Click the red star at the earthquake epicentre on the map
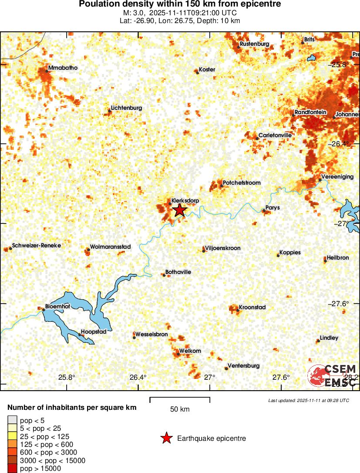[179, 210]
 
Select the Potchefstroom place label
[242, 182]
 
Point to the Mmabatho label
[63, 68]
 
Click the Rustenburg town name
[254, 44]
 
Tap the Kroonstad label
[252, 307]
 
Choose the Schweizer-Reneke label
[37, 245]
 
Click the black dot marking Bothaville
[164, 275]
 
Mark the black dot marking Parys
[263, 211]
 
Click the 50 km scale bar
[180, 398]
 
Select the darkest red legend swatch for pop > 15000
[13, 469]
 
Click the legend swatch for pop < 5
[13, 420]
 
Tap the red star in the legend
[166, 438]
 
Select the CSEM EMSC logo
[333, 375]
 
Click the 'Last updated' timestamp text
[308, 400]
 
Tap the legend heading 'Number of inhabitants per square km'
[72, 408]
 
